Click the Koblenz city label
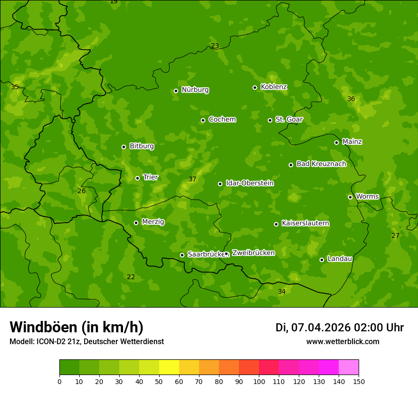coord(274,87)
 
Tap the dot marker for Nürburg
coord(176,91)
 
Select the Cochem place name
coord(222,120)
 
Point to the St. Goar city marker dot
coord(270,120)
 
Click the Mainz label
coord(352,142)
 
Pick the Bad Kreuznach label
coord(321,164)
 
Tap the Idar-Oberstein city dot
coord(220,184)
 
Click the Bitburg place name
coord(142,146)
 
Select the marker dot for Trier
coord(137,178)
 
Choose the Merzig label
coord(153,222)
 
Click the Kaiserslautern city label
coord(305,223)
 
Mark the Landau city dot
coord(322,260)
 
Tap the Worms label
coord(367,197)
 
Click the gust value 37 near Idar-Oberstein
coord(192,179)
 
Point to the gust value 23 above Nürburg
coord(215,46)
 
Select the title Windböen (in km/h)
coord(76,327)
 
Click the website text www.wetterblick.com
coord(342,341)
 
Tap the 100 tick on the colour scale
coord(259,381)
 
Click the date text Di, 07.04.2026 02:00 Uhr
coord(340,328)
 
